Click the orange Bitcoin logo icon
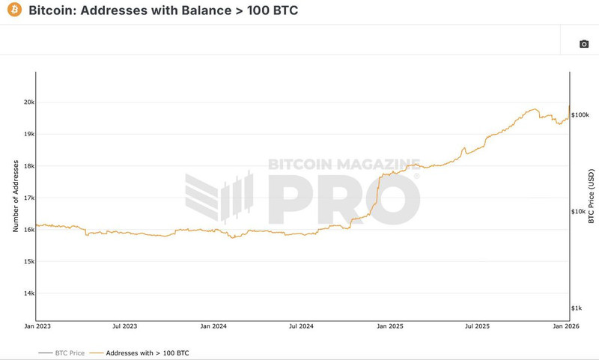[x=14, y=11]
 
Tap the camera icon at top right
[x=584, y=44]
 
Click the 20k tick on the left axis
[x=28, y=102]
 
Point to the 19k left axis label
[x=28, y=134]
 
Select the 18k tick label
[x=28, y=166]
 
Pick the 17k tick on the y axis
[x=28, y=198]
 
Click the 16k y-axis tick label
[x=28, y=230]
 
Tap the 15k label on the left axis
[x=28, y=261]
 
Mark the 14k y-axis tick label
[x=28, y=293]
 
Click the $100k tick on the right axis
[x=580, y=115]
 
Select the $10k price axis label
[x=579, y=212]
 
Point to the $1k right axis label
[x=577, y=308]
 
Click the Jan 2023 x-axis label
[x=37, y=326]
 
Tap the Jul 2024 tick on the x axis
[x=302, y=326]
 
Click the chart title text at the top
[x=162, y=12]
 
